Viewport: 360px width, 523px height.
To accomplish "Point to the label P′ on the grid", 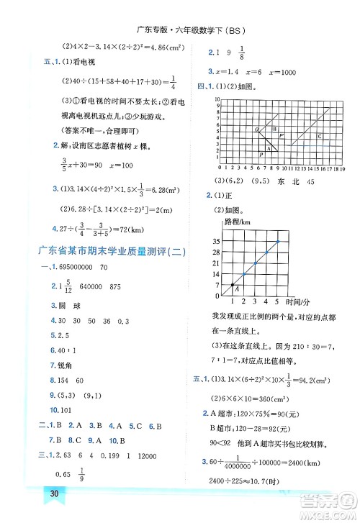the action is [282, 135].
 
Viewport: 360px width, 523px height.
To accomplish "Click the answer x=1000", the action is [286, 73].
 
